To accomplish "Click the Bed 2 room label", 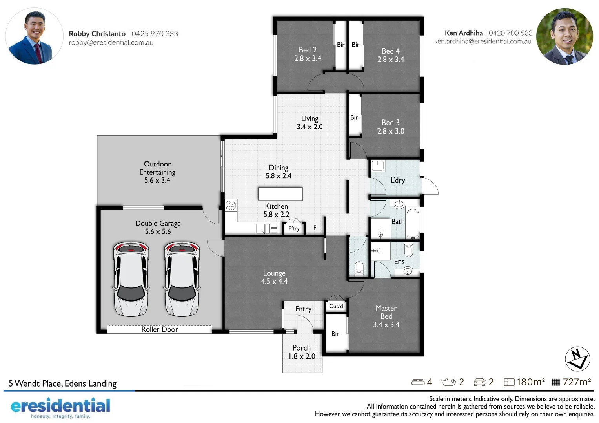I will pyautogui.click(x=308, y=50).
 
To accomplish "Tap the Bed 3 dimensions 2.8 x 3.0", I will pyautogui.click(x=390, y=131).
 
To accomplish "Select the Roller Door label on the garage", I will pyautogui.click(x=159, y=329).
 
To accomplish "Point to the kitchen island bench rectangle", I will pyautogui.click(x=280, y=193).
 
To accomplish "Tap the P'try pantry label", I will pyautogui.click(x=294, y=228).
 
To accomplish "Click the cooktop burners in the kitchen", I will pyautogui.click(x=231, y=205).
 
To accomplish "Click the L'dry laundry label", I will pyautogui.click(x=397, y=180).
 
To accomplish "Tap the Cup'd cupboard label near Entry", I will pyautogui.click(x=336, y=306).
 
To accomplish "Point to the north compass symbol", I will pyautogui.click(x=577, y=359).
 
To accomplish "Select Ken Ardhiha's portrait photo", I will pyautogui.click(x=564, y=36).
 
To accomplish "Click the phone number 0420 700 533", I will pyautogui.click(x=510, y=33).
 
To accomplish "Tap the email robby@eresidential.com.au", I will pyautogui.click(x=111, y=43).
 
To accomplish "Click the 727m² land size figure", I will pyautogui.click(x=576, y=382).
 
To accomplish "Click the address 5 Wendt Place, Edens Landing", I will pyautogui.click(x=63, y=383).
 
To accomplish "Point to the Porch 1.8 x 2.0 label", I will pyautogui.click(x=302, y=352).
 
